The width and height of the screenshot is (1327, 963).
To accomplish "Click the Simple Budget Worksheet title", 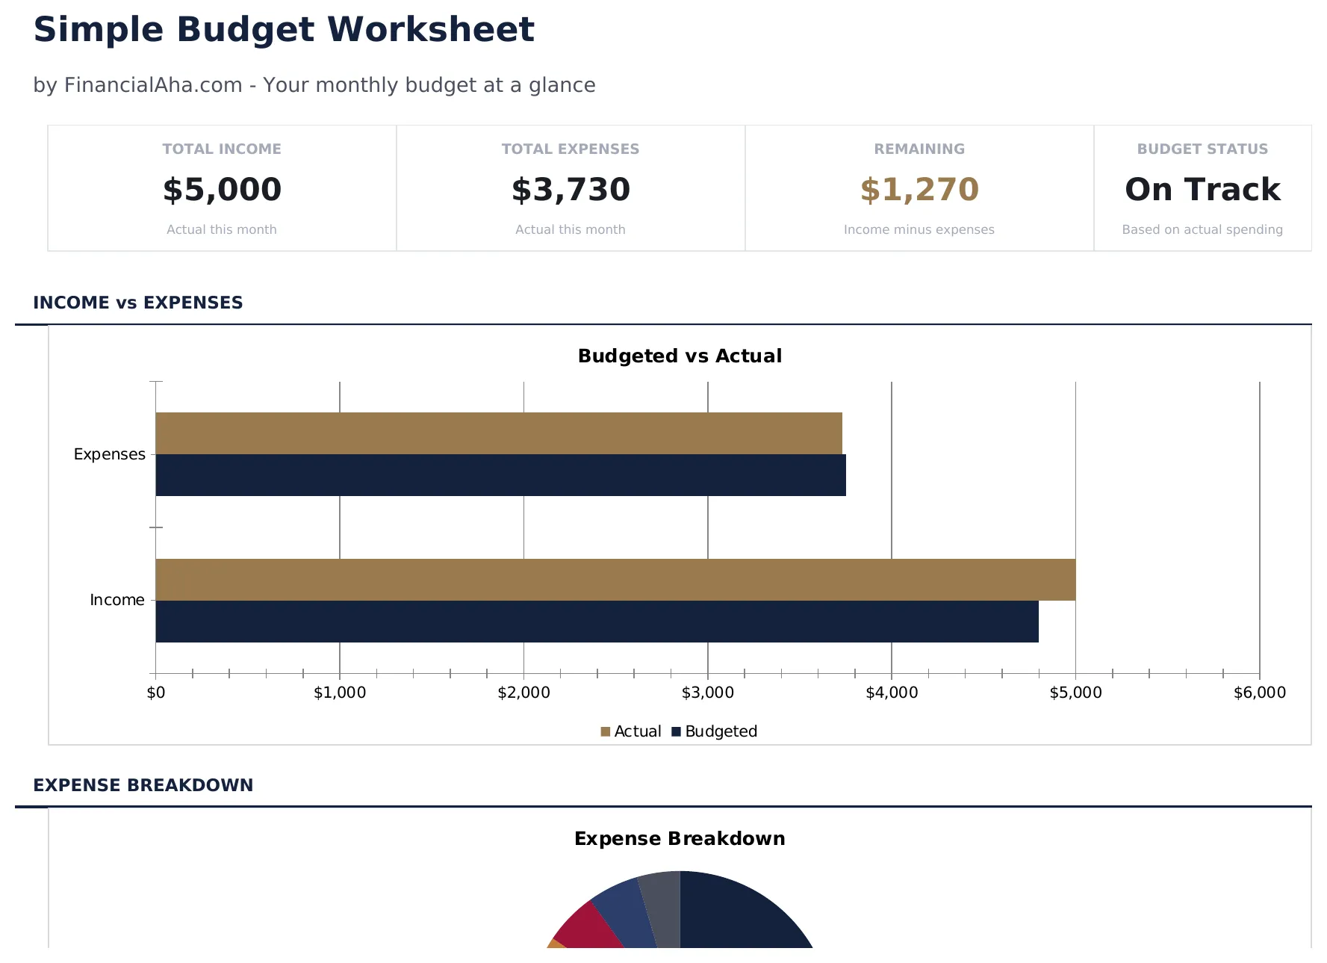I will pos(284,31).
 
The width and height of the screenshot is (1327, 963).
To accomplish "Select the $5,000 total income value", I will pos(222,190).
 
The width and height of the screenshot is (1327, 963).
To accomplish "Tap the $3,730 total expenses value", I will pos(571,190).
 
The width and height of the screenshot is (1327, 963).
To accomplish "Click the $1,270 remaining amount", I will pos(919,190).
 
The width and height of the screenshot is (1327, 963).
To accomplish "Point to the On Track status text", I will pos(1202,190).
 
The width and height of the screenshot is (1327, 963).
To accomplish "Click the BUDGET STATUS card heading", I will pos(1202,149).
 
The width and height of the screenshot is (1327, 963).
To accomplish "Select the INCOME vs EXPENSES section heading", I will pos(138,303).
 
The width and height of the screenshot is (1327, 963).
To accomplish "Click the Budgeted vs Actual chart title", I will pos(680,356).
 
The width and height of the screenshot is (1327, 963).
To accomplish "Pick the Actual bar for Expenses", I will pos(498,433).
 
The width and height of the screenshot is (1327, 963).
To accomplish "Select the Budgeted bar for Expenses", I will pos(500,475).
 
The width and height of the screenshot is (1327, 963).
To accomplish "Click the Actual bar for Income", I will pos(615,580).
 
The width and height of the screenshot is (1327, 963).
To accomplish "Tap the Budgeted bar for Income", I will pos(597,622).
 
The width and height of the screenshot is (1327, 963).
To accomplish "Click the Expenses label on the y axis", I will pos(109,454).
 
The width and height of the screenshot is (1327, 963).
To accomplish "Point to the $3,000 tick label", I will pos(707,693).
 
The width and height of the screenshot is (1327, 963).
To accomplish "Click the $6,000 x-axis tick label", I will pos(1259,693).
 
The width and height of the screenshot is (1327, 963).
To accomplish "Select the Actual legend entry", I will pos(631,731).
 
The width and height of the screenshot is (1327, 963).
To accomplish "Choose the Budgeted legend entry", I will pos(715,731).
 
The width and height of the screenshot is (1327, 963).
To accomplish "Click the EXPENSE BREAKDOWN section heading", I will pos(143,785).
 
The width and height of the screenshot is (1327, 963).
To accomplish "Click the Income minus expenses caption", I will pos(919,229).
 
